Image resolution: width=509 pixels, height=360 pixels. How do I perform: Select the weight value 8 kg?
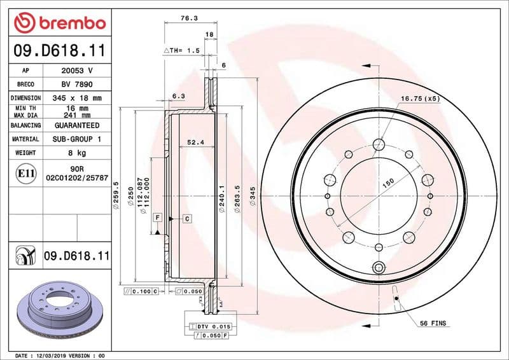77,153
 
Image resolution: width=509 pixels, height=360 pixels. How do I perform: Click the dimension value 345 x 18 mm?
77,98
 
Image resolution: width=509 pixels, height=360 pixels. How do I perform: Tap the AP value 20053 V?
77,70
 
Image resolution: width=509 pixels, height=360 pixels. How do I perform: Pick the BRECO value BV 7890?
77,84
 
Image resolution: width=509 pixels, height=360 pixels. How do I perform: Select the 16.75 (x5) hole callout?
420,99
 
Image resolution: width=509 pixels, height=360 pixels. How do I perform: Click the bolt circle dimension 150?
387,183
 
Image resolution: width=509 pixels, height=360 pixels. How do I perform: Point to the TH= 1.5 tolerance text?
182,50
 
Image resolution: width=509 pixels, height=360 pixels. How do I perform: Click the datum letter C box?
188,219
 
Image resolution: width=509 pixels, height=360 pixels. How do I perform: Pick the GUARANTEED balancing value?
77,125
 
